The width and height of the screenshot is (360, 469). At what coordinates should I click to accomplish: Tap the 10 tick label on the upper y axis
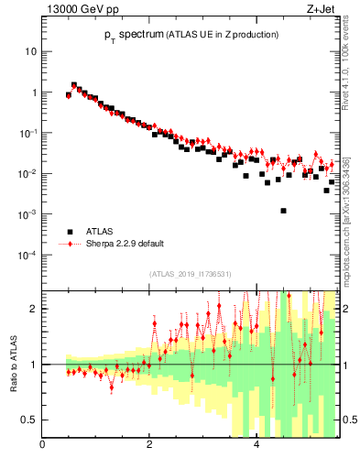tap(29, 51)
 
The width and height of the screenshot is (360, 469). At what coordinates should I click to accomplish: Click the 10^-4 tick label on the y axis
tap(26, 255)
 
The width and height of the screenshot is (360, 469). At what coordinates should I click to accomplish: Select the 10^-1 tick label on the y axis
tap(26, 133)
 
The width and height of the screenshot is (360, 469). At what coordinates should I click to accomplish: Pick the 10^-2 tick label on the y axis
tap(26, 173)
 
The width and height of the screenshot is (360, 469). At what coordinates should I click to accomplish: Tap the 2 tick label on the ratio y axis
tap(32, 309)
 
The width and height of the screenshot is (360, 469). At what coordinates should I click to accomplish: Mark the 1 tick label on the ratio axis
tap(32, 365)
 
